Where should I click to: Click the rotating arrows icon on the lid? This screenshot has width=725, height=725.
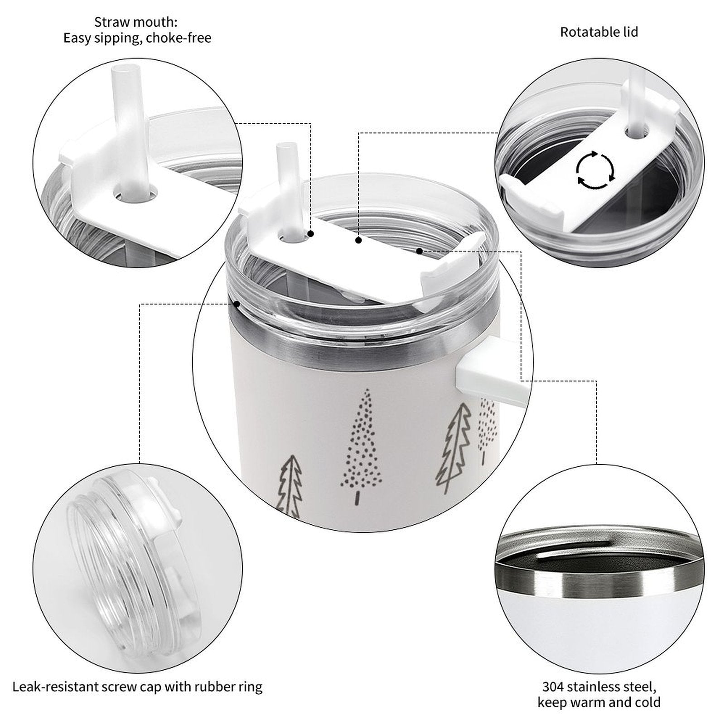(595, 169)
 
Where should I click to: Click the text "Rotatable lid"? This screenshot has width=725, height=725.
(599, 32)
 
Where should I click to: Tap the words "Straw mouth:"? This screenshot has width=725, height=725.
(136, 22)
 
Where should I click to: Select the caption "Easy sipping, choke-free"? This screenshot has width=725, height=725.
(137, 38)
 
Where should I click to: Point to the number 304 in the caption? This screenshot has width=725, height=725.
(553, 686)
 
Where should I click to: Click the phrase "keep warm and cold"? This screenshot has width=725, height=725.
(599, 703)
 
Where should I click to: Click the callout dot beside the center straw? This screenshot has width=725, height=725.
(311, 234)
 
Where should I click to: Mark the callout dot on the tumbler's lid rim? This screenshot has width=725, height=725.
(236, 304)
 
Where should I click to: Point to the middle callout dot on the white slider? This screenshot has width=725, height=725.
(358, 241)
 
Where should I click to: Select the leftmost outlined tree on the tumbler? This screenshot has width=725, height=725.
(289, 486)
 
